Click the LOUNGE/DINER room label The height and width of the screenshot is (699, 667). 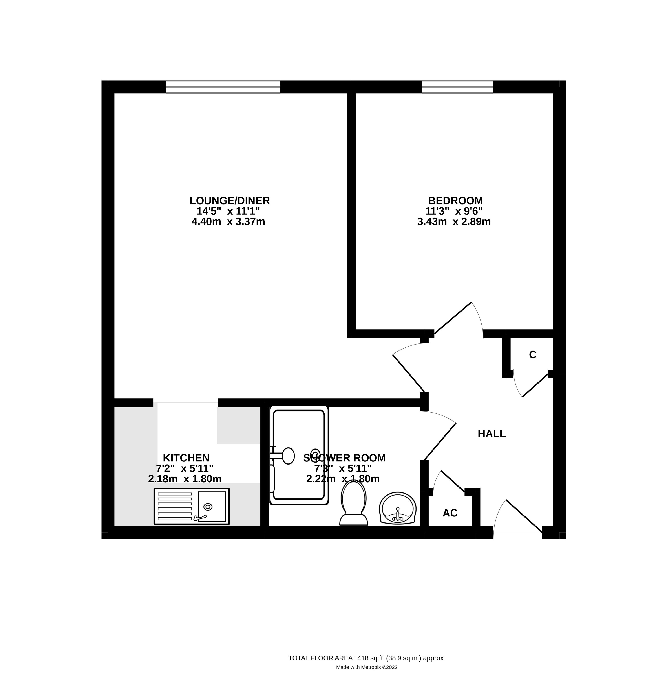pyautogui.click(x=229, y=201)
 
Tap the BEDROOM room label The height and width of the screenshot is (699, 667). pyautogui.click(x=455, y=201)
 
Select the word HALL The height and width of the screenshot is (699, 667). pyautogui.click(x=491, y=434)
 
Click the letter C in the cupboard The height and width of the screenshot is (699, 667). pyautogui.click(x=532, y=355)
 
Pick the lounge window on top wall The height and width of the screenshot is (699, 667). pyautogui.click(x=223, y=87)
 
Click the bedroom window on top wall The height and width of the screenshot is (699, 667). pyautogui.click(x=457, y=87)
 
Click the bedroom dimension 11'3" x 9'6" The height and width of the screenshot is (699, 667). pyautogui.click(x=454, y=211)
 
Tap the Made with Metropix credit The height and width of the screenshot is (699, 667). pyautogui.click(x=367, y=667)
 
